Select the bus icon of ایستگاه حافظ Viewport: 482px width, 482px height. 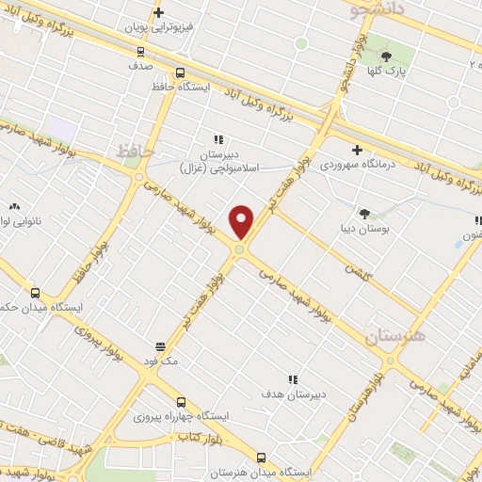click(180, 72)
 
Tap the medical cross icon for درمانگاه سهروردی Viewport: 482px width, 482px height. click(357, 150)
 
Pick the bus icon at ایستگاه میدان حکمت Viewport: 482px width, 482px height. click(36, 293)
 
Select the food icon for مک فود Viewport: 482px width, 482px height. click(161, 345)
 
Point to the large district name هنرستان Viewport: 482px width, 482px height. click(395, 336)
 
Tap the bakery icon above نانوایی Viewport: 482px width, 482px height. click(14, 206)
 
